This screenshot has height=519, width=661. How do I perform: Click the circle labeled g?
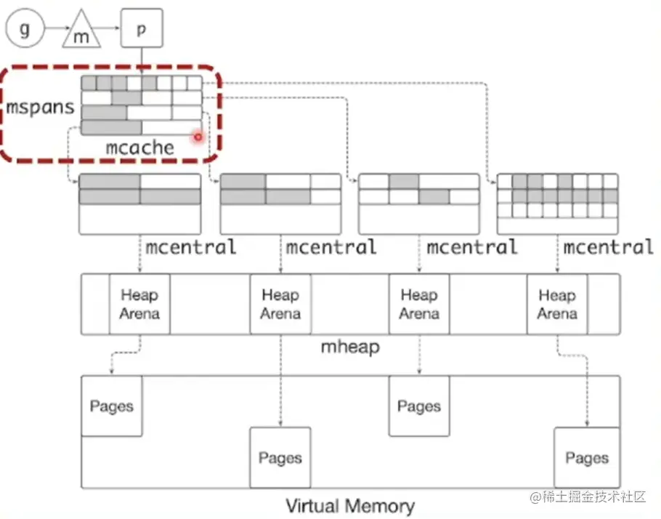pos(25,30)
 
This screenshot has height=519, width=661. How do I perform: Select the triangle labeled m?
pos(81,33)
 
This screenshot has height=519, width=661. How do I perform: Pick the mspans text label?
pos(41,108)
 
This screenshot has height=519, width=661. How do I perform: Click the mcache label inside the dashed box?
pos(140,148)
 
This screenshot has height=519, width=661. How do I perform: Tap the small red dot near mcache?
pos(197,137)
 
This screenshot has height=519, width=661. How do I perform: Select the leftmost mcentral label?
pos(190,247)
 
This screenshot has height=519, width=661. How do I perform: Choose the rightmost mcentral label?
pos(609,247)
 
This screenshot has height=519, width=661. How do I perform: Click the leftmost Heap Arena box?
pos(139,304)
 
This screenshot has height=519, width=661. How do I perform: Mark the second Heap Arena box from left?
pos(280,304)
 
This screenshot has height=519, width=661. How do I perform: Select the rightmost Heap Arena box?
pos(557,304)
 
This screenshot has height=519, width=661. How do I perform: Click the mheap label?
pos(350,347)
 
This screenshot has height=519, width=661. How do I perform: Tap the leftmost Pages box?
pos(111,406)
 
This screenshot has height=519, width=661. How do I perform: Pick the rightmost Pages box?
pos(586,457)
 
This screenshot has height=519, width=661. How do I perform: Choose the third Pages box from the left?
pos(419,406)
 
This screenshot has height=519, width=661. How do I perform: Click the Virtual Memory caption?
pos(350,506)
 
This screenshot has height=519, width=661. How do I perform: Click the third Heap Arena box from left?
pos(419,304)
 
